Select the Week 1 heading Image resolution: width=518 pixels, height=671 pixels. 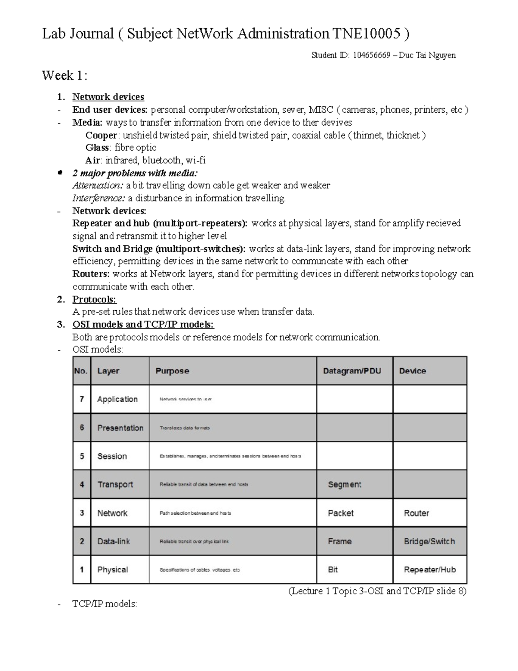[x=65, y=76]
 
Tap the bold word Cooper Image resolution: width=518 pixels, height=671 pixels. [x=101, y=135]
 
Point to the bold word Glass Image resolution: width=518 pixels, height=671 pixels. [x=97, y=148]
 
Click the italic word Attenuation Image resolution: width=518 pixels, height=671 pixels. [x=98, y=186]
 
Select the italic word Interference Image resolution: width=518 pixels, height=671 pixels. [x=99, y=198]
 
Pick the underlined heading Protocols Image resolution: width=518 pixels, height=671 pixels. [x=94, y=299]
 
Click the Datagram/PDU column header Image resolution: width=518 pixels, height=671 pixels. [x=352, y=371]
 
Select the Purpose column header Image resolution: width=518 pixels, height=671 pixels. [x=172, y=371]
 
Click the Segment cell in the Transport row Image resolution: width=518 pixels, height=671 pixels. [x=344, y=485]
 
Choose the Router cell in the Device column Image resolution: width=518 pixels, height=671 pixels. [x=416, y=513]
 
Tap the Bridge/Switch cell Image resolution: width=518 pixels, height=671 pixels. [x=429, y=541]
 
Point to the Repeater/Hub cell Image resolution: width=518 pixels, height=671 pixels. [x=430, y=570]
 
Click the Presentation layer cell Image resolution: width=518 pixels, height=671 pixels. [x=120, y=428]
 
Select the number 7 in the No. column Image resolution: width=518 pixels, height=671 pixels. [x=82, y=399]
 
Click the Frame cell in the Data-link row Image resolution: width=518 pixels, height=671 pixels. [x=340, y=541]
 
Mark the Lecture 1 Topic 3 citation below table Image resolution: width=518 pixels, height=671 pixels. [x=377, y=591]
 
